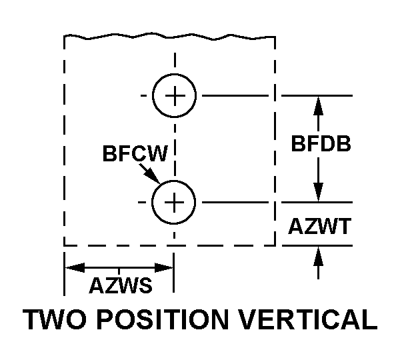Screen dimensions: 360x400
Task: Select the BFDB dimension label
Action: pyautogui.click(x=320, y=143)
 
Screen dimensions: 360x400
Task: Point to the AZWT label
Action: pyautogui.click(x=320, y=227)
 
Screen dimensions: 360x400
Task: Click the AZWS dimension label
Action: pyautogui.click(x=120, y=285)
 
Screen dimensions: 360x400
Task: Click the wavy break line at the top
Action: pyautogui.click(x=170, y=37)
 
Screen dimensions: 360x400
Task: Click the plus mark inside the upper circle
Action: pyautogui.click(x=174, y=96)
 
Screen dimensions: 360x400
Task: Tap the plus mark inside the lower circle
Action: pyautogui.click(x=174, y=201)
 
